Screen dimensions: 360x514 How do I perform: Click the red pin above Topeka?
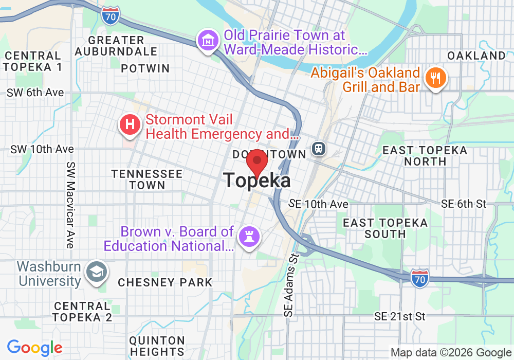pos(256,161)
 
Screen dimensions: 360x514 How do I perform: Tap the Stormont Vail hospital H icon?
pos(130,125)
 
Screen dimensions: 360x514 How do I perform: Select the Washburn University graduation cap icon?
pos(96,273)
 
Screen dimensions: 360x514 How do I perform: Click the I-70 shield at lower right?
pos(419,278)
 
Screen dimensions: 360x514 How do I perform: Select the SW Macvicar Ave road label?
pos(70,205)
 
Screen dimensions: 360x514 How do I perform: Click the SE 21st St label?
pos(400,316)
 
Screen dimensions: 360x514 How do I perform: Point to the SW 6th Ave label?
pos(35,93)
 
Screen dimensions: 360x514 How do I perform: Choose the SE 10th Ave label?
pos(319,204)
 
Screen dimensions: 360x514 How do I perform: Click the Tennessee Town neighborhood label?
pos(147,179)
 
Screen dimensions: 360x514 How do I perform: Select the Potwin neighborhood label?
pos(145,68)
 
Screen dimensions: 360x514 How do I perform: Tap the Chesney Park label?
pos(165,282)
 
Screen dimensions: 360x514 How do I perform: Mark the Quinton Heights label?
pos(157,346)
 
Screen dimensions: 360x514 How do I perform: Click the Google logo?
pos(34,348)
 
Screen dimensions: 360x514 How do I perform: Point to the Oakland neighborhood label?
pos(476,56)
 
